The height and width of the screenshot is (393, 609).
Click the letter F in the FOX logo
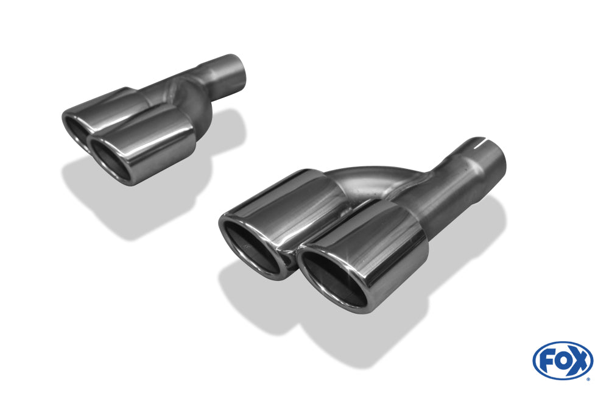[x=547, y=360]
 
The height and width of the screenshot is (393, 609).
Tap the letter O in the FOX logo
[x=562, y=360]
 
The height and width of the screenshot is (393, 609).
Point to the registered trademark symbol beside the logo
[x=588, y=378]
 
